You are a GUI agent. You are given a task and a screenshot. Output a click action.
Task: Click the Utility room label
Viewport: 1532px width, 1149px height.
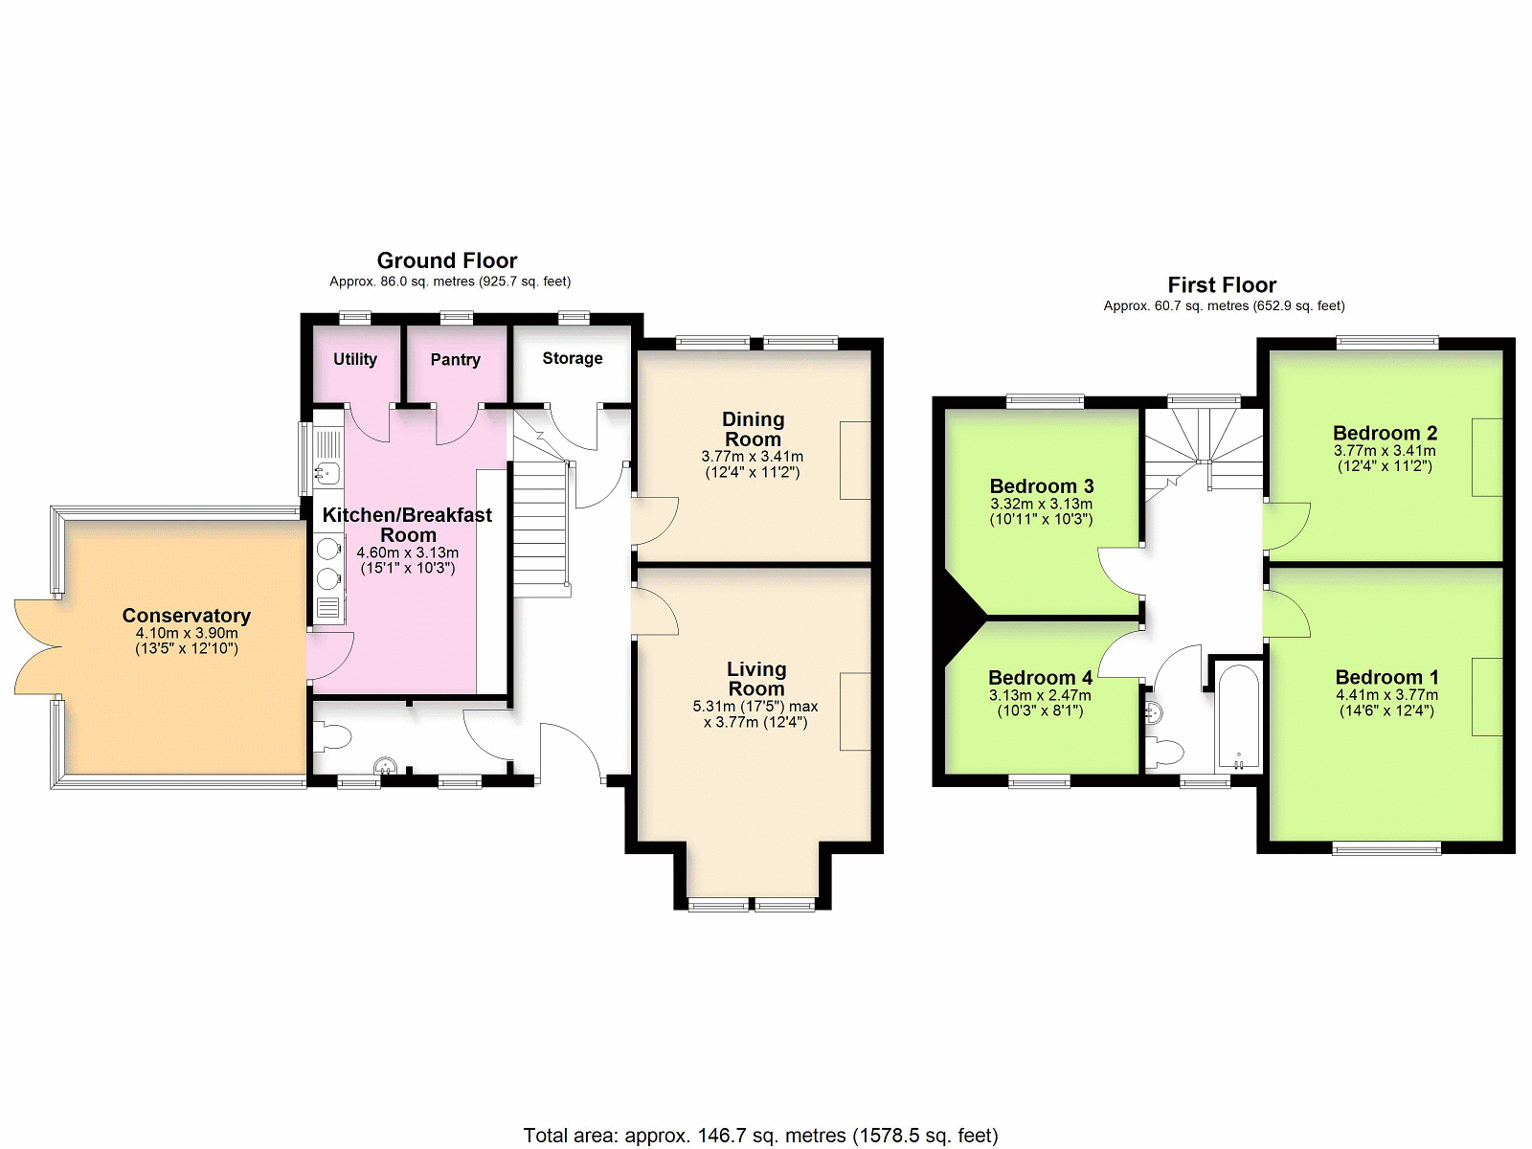354,359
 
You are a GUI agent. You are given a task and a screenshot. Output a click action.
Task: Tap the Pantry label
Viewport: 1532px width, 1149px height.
455,359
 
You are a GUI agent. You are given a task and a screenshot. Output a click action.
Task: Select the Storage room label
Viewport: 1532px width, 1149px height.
573,358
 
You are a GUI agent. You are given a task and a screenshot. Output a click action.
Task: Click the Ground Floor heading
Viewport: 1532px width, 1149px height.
447,260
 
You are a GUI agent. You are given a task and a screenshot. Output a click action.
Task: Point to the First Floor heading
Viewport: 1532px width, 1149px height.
1222,284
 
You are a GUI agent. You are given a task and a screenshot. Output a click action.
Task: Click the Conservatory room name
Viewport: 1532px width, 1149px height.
187,616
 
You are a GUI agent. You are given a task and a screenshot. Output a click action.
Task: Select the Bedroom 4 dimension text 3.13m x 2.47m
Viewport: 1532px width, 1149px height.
1040,695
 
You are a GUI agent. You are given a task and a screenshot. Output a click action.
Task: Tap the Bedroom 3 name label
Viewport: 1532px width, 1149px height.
1042,485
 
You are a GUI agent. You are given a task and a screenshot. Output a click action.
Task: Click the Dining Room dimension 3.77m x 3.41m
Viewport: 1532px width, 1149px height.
753,457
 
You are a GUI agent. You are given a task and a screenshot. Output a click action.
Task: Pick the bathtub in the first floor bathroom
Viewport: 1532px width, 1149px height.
1239,717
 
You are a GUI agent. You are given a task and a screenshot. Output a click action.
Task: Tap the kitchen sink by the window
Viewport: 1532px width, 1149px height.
327,473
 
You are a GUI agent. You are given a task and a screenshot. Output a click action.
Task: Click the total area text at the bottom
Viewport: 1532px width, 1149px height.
761,1136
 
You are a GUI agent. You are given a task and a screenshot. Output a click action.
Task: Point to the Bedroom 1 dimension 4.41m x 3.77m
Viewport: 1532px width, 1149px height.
1386,695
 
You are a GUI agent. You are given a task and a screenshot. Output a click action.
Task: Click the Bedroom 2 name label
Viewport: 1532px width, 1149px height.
1385,433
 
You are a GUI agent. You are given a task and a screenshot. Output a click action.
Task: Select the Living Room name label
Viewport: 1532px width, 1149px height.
756,679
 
